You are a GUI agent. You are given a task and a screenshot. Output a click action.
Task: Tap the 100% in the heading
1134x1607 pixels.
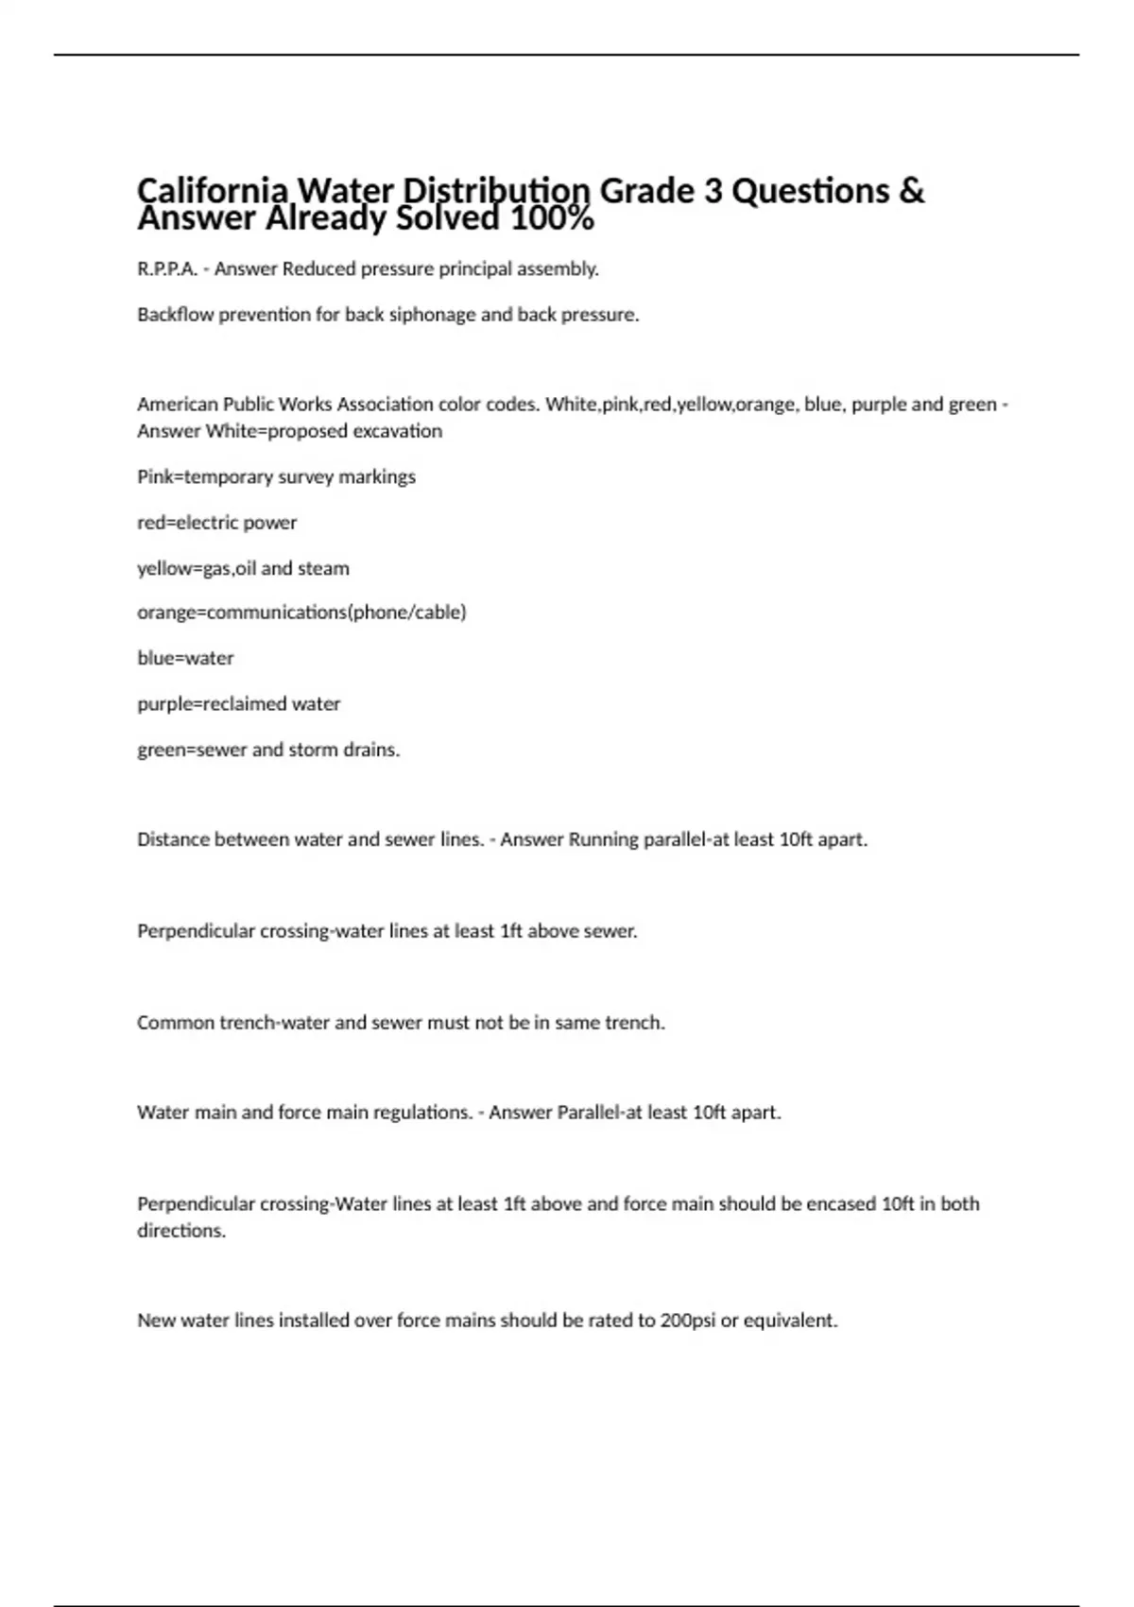click(552, 219)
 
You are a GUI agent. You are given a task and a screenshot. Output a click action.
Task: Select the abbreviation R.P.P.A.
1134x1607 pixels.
click(167, 269)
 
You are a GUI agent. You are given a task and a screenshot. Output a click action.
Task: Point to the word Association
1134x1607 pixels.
click(378, 405)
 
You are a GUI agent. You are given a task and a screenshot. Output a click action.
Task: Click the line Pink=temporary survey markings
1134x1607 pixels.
click(276, 477)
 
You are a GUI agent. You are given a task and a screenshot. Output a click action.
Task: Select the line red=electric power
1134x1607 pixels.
click(216, 523)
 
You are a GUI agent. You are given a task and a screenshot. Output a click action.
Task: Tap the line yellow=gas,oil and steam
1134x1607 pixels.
click(243, 569)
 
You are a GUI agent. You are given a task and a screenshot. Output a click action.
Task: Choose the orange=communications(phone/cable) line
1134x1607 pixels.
click(301, 613)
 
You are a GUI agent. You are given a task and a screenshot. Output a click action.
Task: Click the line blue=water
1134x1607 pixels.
click(185, 658)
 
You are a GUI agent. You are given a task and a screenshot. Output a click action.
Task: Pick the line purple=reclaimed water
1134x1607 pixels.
click(238, 704)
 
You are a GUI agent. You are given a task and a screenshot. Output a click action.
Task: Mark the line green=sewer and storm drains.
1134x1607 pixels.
click(268, 750)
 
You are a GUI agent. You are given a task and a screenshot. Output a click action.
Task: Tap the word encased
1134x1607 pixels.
click(841, 1204)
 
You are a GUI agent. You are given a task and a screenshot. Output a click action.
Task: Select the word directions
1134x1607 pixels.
click(181, 1231)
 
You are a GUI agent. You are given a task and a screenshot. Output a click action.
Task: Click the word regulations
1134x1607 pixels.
click(422, 1113)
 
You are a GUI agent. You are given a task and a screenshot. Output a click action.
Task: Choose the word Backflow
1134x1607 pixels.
click(176, 315)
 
